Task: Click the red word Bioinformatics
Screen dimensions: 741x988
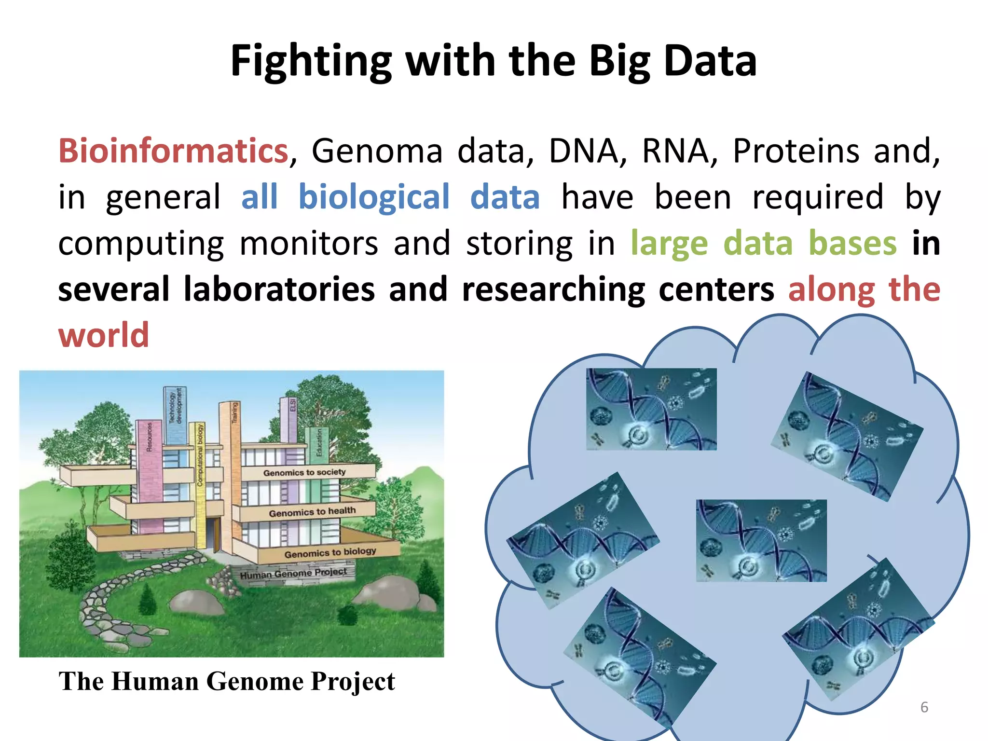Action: coord(173,151)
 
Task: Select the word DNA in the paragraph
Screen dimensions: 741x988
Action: coord(584,151)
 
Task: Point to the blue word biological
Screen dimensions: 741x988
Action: coord(374,197)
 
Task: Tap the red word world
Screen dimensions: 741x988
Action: coord(104,335)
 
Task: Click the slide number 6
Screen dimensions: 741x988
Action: coord(924,707)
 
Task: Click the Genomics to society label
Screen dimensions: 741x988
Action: coord(304,472)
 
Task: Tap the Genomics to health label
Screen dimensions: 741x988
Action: coord(312,512)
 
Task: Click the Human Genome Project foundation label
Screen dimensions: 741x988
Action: coord(293,574)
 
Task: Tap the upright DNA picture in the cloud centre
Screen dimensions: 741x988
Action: coord(761,540)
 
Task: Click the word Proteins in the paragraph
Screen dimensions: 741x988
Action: coord(796,151)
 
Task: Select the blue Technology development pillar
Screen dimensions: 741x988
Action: coord(175,415)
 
